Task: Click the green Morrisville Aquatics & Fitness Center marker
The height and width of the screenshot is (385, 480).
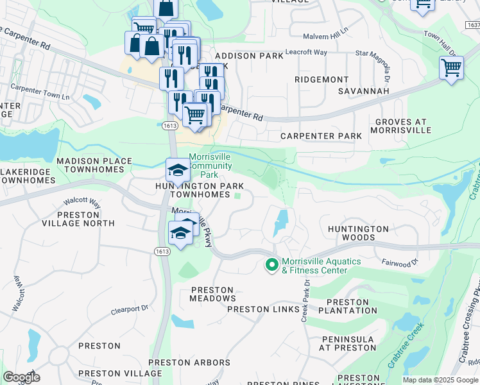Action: tap(271, 264)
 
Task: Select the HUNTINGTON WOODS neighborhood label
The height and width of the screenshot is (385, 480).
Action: tap(358, 233)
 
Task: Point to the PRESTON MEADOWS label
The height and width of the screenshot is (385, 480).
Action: tap(213, 294)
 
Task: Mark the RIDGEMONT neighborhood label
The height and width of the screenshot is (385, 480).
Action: tap(321, 79)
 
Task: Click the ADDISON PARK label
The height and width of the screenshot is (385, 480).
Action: tap(249, 56)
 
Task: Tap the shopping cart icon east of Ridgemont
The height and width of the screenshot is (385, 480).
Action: tap(451, 67)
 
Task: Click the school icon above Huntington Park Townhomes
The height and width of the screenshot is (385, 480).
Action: tap(177, 169)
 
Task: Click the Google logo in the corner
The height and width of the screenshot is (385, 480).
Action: tap(21, 377)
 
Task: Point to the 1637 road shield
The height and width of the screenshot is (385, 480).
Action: tap(472, 25)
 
